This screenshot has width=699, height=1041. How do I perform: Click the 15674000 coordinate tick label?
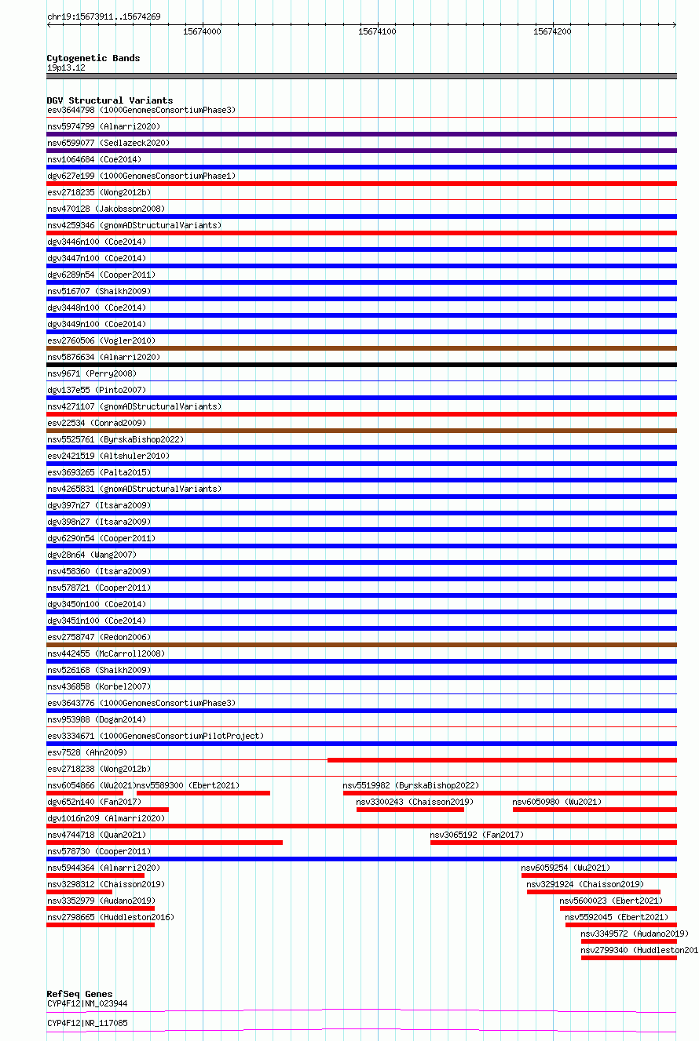202,31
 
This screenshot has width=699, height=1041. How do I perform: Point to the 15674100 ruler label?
377,31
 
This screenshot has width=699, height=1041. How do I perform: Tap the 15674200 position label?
552,31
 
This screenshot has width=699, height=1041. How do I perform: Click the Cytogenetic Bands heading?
93,58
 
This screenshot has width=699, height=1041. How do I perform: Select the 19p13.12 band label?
66,67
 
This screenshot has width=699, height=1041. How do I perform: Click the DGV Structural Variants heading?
110,100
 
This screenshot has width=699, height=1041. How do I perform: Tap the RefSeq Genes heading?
79,994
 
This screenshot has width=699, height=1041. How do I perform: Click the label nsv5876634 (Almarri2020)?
104,357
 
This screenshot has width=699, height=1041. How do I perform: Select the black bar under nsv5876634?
361,365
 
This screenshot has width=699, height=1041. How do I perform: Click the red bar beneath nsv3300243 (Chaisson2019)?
410,810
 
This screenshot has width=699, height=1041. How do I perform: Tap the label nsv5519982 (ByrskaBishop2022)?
411,785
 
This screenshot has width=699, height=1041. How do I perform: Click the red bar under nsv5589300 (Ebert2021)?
203,793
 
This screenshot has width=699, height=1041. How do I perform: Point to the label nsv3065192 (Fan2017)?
477,835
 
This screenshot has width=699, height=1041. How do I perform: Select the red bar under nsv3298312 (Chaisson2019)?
79,892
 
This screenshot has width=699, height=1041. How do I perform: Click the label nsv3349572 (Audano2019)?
635,934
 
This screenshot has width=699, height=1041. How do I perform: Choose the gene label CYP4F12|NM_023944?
87,1003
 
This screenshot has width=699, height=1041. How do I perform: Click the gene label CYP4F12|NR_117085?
87,1023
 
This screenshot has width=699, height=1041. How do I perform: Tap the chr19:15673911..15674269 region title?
104,16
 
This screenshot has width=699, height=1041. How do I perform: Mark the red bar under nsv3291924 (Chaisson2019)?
593,892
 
